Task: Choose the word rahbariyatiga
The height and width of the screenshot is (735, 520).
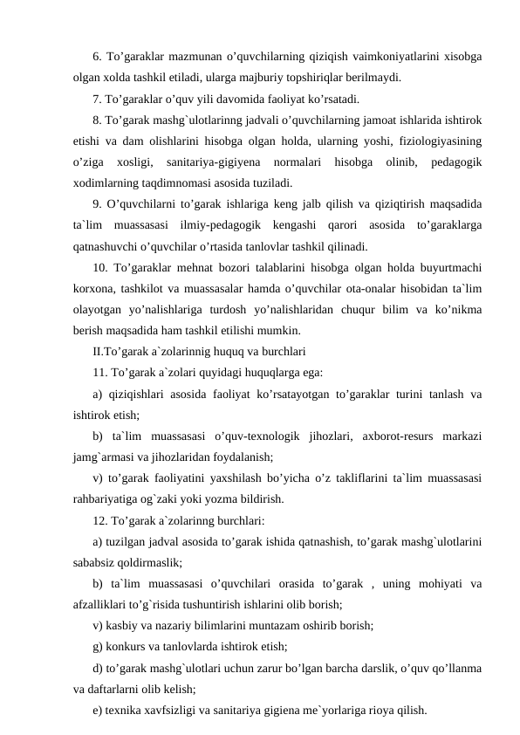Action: [x=111, y=500]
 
